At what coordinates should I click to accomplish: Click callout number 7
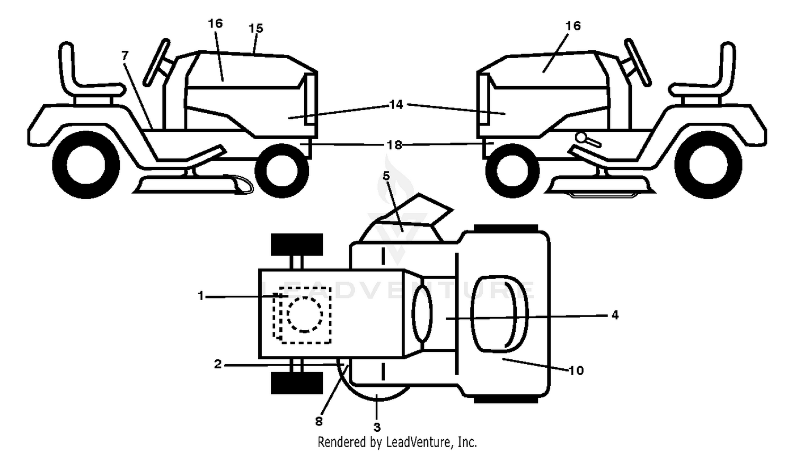[x=125, y=56]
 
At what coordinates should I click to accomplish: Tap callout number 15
[x=256, y=29]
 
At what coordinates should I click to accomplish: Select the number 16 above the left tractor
[x=215, y=23]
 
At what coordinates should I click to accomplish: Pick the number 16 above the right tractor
[x=573, y=26]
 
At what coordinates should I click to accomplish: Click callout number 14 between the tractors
[x=396, y=105]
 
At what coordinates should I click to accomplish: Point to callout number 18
[x=394, y=145]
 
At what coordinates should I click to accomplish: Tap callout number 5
[x=386, y=176]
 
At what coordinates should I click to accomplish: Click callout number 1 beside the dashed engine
[x=201, y=296]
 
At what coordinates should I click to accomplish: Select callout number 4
[x=615, y=315]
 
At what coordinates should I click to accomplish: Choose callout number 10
[x=576, y=371]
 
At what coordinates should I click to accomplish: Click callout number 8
[x=319, y=421]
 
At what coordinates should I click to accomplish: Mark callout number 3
[x=377, y=427]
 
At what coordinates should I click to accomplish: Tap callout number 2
[x=217, y=364]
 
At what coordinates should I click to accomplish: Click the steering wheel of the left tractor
[x=156, y=62]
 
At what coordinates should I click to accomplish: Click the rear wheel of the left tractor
[x=86, y=165]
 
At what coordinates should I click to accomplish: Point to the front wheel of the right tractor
[x=513, y=171]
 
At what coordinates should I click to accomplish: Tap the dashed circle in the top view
[x=305, y=315]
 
